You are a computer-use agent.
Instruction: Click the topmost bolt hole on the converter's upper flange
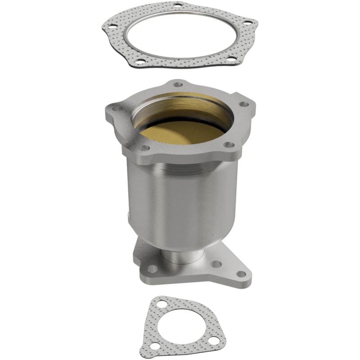[179, 84]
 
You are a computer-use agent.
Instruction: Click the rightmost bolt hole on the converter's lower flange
[241, 273]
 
